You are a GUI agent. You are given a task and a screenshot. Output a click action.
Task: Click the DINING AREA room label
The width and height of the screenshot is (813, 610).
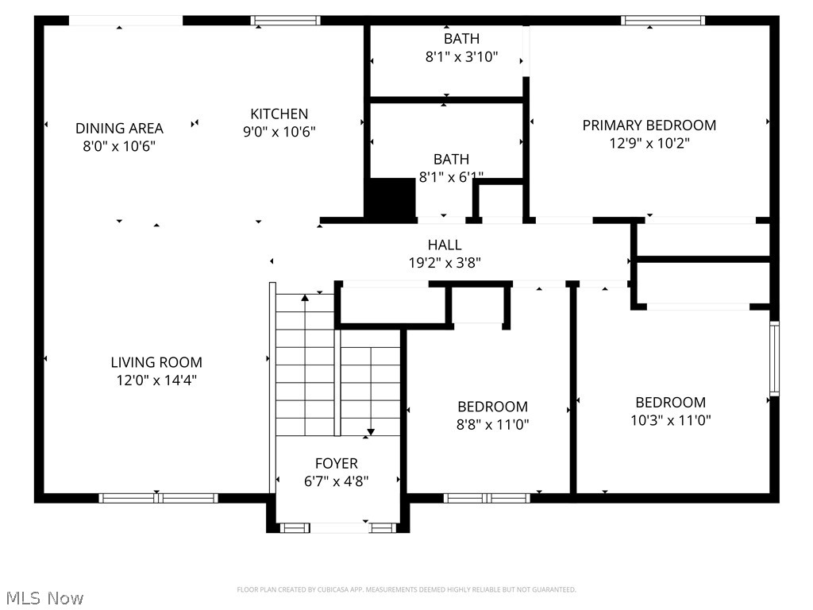click(119, 128)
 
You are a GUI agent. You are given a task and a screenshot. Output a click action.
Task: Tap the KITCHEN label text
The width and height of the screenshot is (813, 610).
click(279, 114)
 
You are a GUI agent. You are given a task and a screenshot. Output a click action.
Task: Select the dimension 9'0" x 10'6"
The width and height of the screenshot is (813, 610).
click(279, 132)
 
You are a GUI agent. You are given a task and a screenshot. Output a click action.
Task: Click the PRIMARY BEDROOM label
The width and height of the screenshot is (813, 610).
click(649, 125)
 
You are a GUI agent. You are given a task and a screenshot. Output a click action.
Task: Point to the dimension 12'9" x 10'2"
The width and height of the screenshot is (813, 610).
click(649, 144)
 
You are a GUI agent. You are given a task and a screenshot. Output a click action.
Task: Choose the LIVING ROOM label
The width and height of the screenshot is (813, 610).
click(156, 362)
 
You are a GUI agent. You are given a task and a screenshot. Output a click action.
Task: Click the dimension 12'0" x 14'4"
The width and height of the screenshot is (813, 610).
click(156, 380)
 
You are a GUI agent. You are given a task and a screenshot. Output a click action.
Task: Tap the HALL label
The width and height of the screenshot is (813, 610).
click(444, 245)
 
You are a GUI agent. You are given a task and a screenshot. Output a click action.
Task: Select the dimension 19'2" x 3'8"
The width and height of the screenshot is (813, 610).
click(444, 262)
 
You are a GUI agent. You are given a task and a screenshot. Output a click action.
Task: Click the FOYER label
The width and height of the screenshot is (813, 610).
click(336, 463)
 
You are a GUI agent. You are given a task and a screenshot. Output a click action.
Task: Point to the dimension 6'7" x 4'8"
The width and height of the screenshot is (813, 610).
click(336, 481)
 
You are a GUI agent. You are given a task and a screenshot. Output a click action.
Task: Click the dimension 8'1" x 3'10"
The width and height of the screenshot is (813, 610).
click(461, 56)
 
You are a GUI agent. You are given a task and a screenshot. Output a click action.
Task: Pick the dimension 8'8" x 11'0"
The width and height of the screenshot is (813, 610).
click(492, 425)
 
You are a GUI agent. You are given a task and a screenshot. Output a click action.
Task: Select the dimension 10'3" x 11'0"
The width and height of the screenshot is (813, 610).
click(670, 420)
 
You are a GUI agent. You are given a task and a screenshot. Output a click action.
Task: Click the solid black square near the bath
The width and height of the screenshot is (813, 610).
click(390, 197)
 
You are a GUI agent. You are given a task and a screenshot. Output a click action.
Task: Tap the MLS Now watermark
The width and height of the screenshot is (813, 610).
click(43, 597)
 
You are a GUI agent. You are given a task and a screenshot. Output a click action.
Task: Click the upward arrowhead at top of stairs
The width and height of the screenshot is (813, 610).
click(305, 299)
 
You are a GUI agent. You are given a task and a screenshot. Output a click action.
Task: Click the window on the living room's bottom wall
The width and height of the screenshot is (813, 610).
click(158, 498)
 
